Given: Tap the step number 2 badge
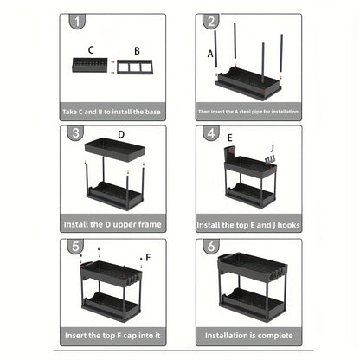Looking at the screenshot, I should pos(209,22).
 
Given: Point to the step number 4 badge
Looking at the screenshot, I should pos(209,133).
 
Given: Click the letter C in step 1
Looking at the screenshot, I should pos(92,51).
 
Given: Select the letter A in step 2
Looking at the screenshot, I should pos(211,54).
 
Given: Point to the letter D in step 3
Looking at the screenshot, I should pos(121,135).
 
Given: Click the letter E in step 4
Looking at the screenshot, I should pos(229,138).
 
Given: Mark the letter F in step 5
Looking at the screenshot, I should pos(148,257).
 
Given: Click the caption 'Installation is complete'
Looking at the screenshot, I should pos(247,334).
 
